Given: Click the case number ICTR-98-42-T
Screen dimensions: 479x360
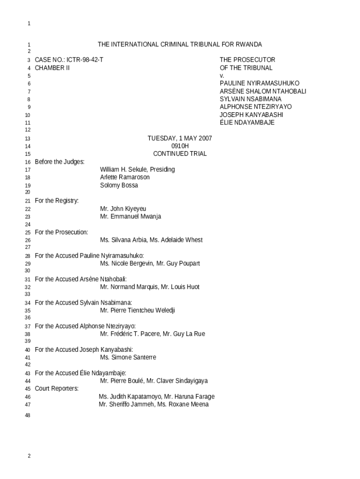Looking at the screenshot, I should pyautogui.click(x=85, y=60).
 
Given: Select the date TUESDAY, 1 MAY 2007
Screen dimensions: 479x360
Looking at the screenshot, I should pyautogui.click(x=180, y=138).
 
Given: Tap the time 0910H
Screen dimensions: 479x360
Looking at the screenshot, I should pyautogui.click(x=180, y=146).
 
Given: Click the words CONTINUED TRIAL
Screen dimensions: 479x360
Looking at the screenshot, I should pyautogui.click(x=180, y=154).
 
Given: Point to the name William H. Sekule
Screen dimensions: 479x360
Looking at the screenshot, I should pyautogui.click(x=124, y=169).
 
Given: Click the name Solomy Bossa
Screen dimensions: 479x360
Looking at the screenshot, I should pyautogui.click(x=119, y=185).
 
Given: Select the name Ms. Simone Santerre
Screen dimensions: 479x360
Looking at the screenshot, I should pyautogui.click(x=128, y=357).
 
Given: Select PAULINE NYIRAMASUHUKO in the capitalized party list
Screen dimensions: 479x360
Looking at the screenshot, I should pyautogui.click(x=259, y=83).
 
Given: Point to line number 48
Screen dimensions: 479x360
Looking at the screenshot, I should pyautogui.click(x=28, y=415).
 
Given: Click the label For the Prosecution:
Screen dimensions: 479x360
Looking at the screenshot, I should pyautogui.click(x=61, y=232).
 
